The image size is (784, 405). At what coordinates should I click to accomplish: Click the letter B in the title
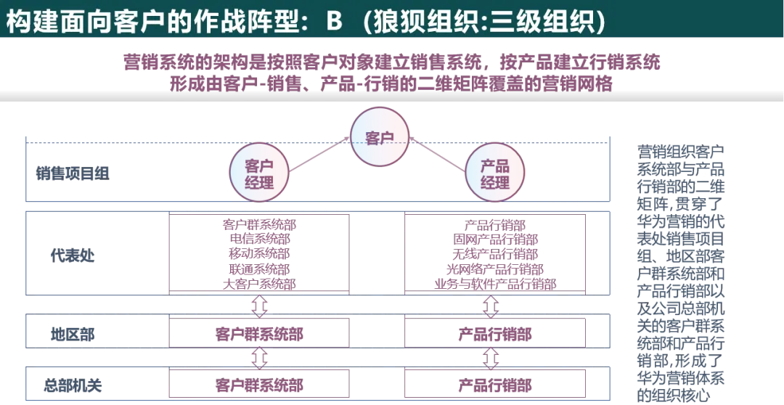click(334, 21)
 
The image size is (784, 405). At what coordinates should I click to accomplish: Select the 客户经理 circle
click(259, 172)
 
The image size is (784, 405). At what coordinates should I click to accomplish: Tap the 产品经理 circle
click(494, 172)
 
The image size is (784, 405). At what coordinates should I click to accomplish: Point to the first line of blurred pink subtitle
click(392, 64)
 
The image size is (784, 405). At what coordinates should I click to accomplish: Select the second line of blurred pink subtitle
click(392, 83)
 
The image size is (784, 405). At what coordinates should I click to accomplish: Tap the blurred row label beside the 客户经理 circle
click(73, 172)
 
